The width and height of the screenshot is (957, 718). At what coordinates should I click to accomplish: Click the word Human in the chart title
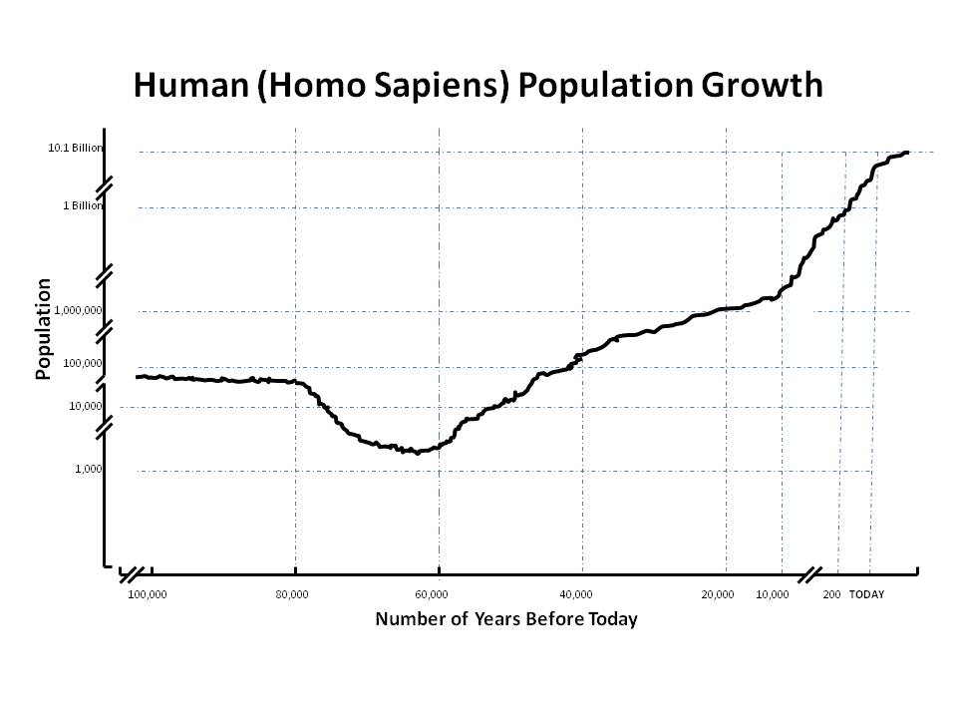coord(191,85)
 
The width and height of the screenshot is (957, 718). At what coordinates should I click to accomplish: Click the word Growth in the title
coord(762,85)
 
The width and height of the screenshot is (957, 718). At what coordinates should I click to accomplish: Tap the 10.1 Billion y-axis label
coord(76,148)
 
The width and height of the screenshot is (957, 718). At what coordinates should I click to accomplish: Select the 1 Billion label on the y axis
coord(83,205)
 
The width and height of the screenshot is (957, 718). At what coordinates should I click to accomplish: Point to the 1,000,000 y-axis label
coord(78,310)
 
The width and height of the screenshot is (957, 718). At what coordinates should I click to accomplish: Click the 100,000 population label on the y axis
coord(83,363)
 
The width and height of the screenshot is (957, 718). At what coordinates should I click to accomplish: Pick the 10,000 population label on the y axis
coord(86,406)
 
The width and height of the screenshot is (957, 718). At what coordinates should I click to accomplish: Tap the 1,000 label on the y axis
coord(89,469)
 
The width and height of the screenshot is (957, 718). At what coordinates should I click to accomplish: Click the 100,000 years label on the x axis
coord(148,594)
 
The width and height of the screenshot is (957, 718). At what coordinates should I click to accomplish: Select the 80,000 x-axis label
coord(292,594)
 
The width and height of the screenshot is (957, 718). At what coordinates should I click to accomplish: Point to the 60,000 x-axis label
coord(432,594)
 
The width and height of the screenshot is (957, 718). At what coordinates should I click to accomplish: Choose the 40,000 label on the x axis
coord(575,594)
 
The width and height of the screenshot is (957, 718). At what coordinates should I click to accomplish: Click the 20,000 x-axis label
coord(718,594)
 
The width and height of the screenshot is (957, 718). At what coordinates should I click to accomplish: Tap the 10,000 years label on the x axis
coord(773,594)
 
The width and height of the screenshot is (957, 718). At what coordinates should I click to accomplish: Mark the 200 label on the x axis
coord(831,594)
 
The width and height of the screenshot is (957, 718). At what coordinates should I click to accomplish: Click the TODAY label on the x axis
coord(866,594)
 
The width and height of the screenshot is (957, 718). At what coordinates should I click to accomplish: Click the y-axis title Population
coord(43,329)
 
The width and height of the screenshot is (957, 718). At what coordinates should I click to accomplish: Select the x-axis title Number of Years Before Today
coord(506,619)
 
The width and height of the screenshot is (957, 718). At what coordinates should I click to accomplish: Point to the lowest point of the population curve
coord(418,453)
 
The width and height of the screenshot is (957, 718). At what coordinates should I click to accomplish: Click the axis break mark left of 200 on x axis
coord(809,574)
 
